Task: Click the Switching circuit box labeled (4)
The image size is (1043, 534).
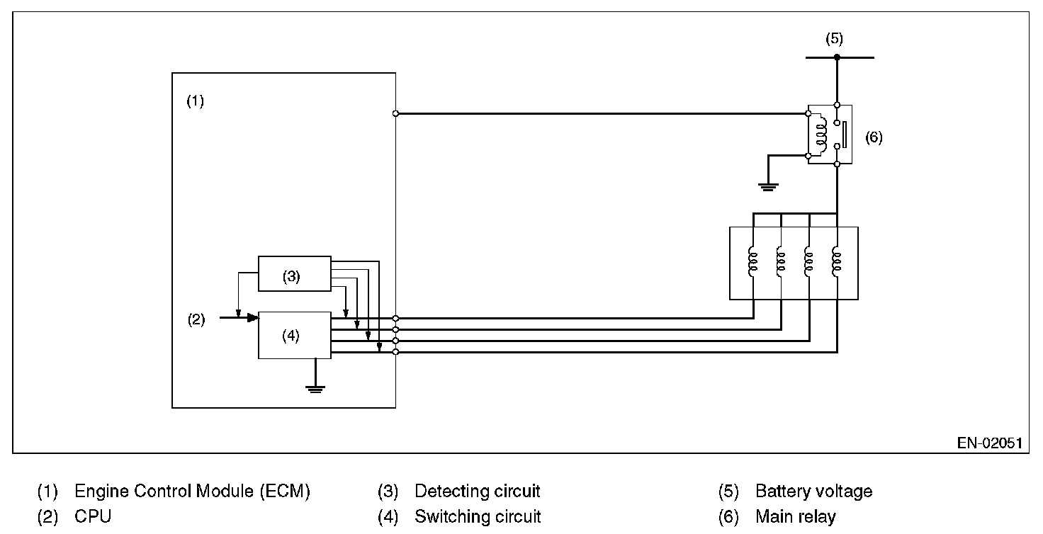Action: coord(294,335)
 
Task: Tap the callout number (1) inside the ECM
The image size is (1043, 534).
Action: coord(195,101)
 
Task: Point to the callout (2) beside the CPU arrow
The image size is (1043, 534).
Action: coord(196,319)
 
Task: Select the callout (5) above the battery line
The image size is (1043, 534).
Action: coord(834,39)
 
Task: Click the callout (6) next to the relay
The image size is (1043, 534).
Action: coord(874,137)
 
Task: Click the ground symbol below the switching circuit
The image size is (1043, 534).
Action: coord(315,387)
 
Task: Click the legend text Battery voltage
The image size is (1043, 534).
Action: coord(813,491)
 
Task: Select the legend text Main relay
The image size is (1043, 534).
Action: coord(796,516)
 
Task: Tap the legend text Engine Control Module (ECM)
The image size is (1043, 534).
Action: coord(192,491)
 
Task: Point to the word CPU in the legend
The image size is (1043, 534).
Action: coord(93,516)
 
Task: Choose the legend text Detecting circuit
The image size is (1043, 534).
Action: coord(477,491)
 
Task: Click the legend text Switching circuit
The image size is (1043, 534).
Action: coord(478,516)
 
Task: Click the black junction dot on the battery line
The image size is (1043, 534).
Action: coord(837,57)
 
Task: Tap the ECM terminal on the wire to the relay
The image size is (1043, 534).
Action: coord(395,113)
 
